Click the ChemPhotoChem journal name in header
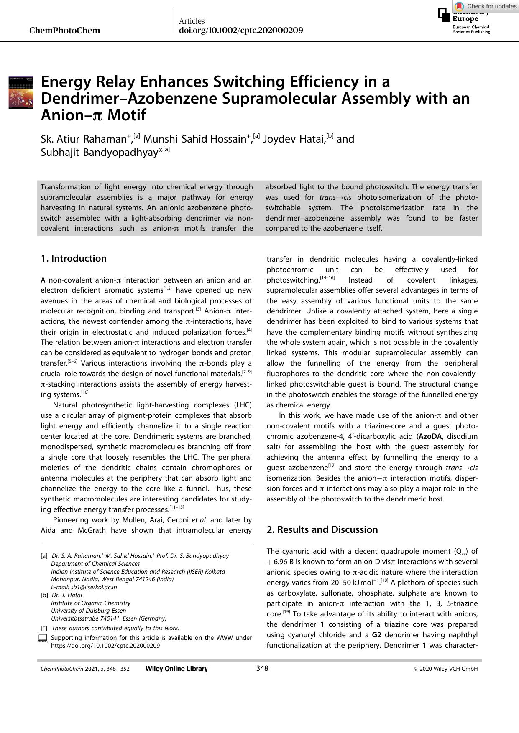coord(65,31)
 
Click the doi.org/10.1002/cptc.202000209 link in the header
coord(240,31)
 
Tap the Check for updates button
coord(486,6)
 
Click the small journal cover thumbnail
coord(21,92)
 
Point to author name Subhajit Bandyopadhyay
coord(99,153)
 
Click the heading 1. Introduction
coord(74,258)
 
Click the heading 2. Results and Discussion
coord(322,529)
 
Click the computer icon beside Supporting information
coord(42,638)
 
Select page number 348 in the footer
coord(262,668)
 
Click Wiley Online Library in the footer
coord(176,669)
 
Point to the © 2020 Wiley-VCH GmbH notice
coord(445,669)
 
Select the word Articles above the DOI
coord(192,21)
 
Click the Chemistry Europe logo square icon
coord(444,15)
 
